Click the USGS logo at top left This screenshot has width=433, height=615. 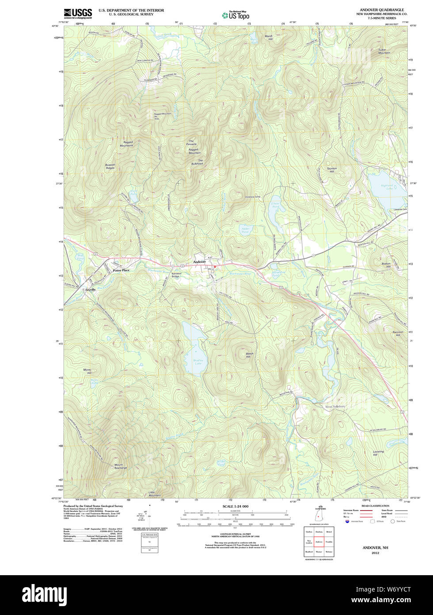[x=78, y=13]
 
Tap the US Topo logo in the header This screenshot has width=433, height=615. [x=235, y=15]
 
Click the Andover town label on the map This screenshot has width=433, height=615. [x=199, y=262]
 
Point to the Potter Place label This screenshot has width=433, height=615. [x=121, y=270]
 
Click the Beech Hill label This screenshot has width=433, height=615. [x=250, y=355]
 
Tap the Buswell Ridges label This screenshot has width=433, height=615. [x=110, y=166]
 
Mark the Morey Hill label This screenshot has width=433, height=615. [x=87, y=371]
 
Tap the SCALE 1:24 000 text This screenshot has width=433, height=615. [x=235, y=506]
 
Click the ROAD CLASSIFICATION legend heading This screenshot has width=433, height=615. [x=375, y=506]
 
